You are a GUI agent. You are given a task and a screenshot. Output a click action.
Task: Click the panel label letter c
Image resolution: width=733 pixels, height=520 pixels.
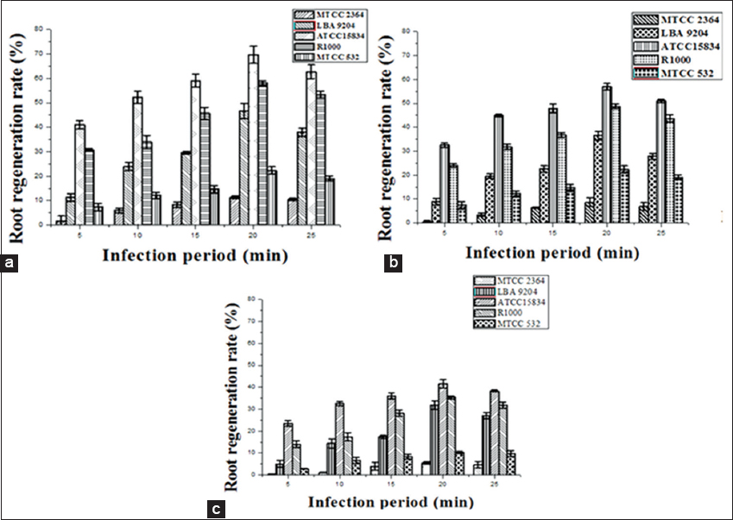click(218, 509)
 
